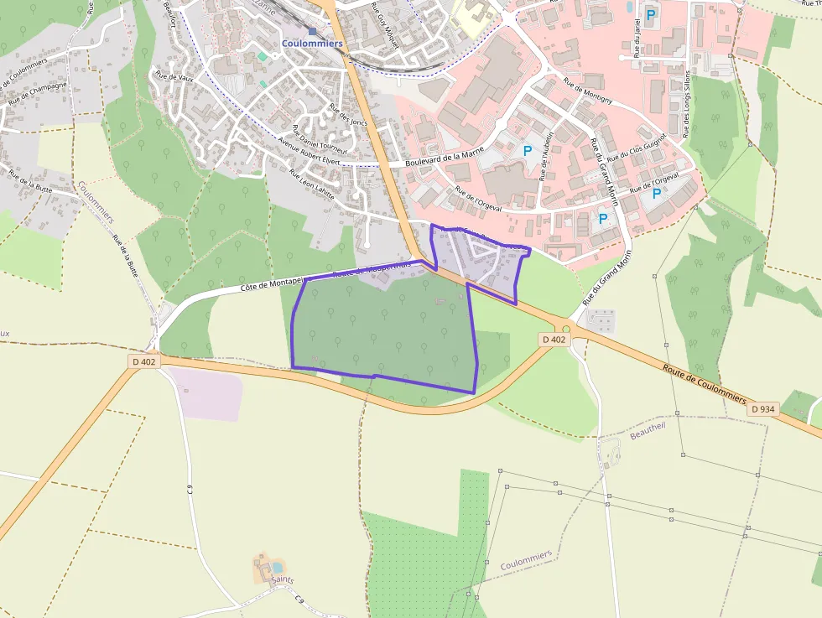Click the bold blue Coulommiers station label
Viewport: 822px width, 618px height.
312,44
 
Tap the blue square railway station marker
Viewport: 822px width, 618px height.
312,31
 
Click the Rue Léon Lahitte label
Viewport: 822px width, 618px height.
312,185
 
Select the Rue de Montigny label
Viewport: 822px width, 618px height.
588,91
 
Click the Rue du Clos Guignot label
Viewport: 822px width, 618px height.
637,147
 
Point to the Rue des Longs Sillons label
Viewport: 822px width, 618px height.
687,105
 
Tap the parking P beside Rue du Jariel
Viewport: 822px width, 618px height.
650,13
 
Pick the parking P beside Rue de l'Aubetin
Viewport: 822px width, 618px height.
528,151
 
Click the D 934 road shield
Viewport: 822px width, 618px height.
763,408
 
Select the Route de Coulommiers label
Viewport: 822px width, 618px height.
704,384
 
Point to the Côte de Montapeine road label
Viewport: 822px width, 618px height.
271,285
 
